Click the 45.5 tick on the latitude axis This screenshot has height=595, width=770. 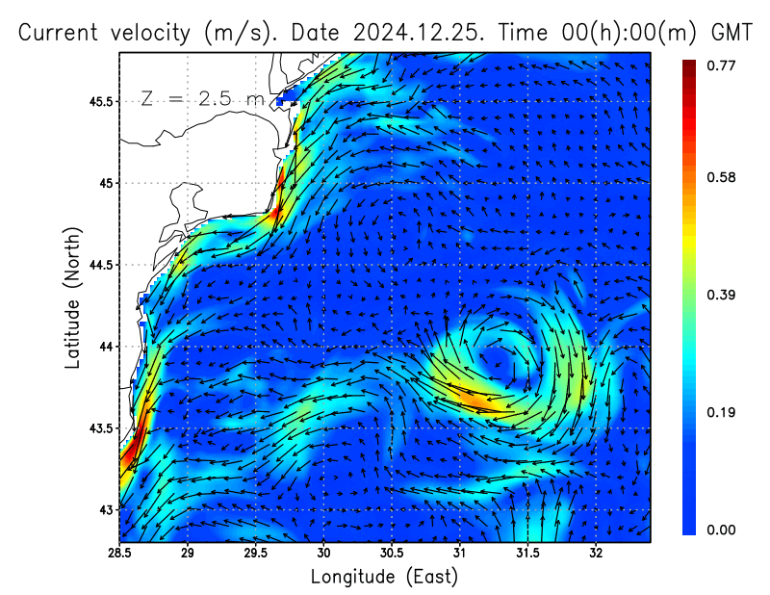pyautogui.click(x=99, y=101)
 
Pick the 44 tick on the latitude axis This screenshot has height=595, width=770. pyautogui.click(x=105, y=346)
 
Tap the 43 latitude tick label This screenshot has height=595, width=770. pyautogui.click(x=105, y=509)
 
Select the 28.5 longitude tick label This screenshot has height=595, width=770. pyautogui.click(x=120, y=554)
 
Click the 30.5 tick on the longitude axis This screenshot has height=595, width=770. pyautogui.click(x=392, y=554)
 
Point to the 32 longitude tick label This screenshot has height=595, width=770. pyautogui.click(x=596, y=554)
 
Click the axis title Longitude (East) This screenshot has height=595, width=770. pyautogui.click(x=384, y=577)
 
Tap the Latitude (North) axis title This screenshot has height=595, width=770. pyautogui.click(x=72, y=297)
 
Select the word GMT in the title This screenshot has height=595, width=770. pyautogui.click(x=731, y=32)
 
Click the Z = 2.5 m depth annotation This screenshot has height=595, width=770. pyautogui.click(x=202, y=99)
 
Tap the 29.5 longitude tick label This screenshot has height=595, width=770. pyautogui.click(x=256, y=554)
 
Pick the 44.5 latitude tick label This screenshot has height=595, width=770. pyautogui.click(x=99, y=265)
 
